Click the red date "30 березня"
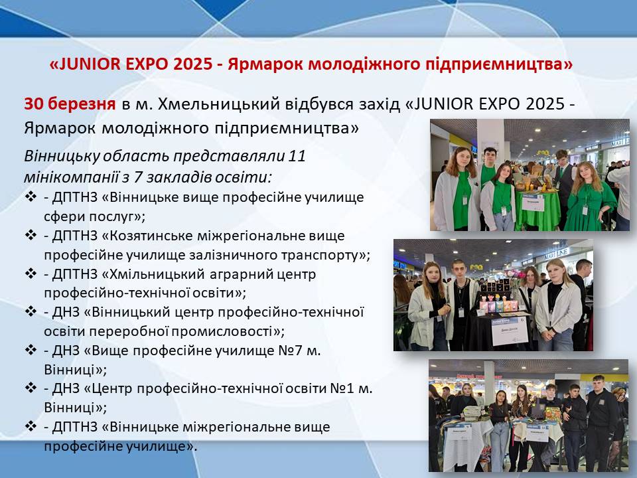click(70, 104)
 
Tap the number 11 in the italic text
click(297, 157)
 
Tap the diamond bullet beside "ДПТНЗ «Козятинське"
click(31, 235)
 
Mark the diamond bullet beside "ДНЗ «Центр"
click(31, 388)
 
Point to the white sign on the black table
click(510, 330)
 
